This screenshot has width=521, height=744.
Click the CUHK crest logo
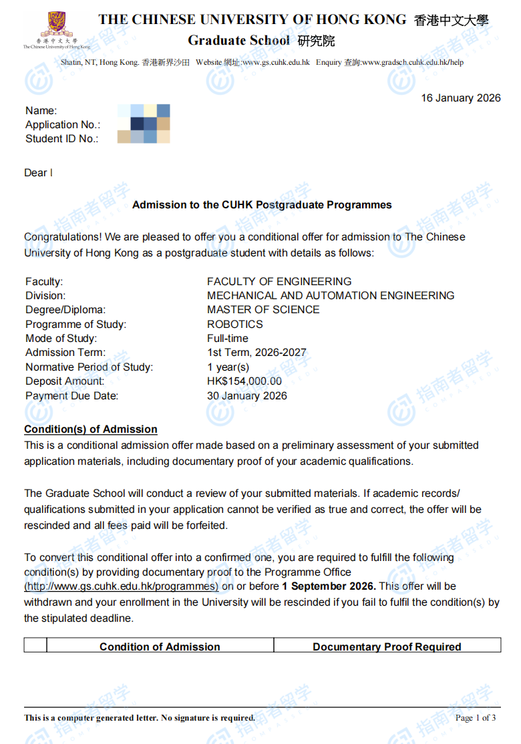point(57,25)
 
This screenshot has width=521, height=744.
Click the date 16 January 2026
point(460,98)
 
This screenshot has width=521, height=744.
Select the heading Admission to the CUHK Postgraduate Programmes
point(262,205)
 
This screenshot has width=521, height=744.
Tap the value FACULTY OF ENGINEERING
point(279,282)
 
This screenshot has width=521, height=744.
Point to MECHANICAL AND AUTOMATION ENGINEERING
point(331,296)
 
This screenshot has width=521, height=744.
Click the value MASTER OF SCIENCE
point(263,310)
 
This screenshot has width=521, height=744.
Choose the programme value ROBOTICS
point(235,325)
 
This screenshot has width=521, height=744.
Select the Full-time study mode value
point(227,339)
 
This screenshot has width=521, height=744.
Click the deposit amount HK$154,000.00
point(244,381)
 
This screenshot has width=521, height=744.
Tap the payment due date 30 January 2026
point(247,396)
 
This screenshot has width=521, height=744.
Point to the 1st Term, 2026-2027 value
point(256,353)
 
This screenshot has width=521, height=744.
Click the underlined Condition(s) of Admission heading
point(91,429)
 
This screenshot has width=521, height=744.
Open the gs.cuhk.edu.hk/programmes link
point(122,586)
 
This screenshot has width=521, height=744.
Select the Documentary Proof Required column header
point(387,646)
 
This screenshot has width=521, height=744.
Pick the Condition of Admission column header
point(160,646)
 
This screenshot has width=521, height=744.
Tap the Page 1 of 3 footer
point(476,718)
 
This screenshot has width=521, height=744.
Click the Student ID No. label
point(61,139)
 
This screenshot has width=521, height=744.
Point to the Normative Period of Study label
point(89,367)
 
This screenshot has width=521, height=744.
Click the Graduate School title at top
point(239,41)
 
